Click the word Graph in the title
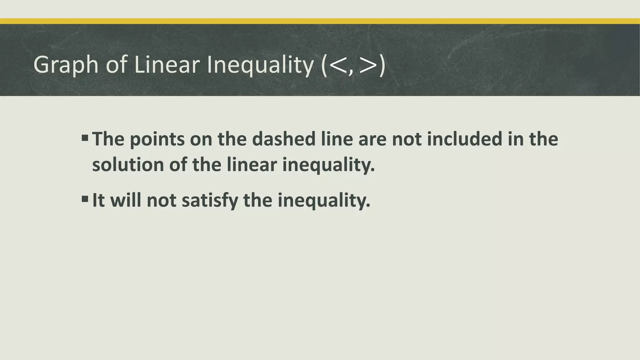(x=66, y=65)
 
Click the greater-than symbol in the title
(x=368, y=66)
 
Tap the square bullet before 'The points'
(x=85, y=138)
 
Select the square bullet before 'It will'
(x=85, y=199)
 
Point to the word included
(x=464, y=139)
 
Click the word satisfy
(x=210, y=200)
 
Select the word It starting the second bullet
(x=98, y=200)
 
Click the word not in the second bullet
(x=161, y=200)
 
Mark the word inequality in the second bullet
(x=324, y=200)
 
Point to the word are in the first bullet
(x=372, y=139)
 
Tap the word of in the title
(x=116, y=65)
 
